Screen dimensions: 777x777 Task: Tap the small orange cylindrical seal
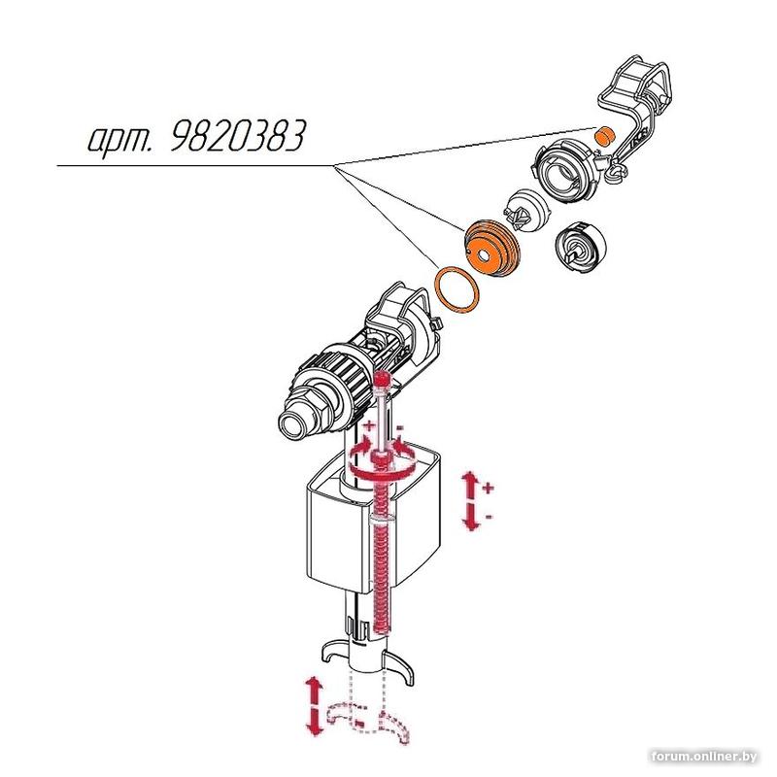(604, 135)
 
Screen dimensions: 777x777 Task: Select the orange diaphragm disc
(490, 248)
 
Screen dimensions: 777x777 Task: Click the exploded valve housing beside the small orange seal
(565, 169)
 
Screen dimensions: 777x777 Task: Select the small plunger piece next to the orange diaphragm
(525, 210)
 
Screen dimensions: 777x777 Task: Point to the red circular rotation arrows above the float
(381, 459)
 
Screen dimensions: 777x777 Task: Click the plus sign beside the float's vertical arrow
(490, 489)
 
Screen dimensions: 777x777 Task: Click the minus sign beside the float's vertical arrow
(490, 517)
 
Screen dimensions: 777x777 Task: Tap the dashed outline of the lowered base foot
(369, 721)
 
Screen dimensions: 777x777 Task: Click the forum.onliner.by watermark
(704, 757)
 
